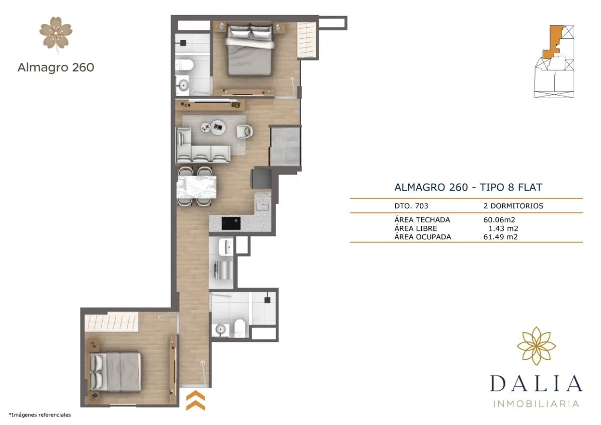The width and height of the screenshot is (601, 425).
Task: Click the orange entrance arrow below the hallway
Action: tap(195, 400)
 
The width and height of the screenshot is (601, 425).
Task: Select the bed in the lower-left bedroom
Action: tap(115, 371)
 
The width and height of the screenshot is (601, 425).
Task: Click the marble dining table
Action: tap(196, 187)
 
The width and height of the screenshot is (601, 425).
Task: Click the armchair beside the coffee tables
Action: tap(245, 131)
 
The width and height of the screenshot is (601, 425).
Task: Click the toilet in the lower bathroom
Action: tap(240, 328)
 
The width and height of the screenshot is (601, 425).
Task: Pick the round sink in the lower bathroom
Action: tap(220, 329)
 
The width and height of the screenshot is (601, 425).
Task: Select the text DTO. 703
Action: tap(411, 206)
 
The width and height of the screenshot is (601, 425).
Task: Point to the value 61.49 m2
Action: tap(500, 236)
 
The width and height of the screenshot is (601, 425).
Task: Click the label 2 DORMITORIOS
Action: tap(513, 206)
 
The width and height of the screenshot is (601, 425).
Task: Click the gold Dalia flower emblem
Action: tap(536, 346)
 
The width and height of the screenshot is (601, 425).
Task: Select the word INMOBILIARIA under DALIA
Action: tap(536, 403)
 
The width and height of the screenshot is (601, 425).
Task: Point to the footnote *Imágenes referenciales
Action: tap(40, 415)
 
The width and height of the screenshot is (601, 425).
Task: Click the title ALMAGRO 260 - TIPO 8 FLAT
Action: tap(468, 188)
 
